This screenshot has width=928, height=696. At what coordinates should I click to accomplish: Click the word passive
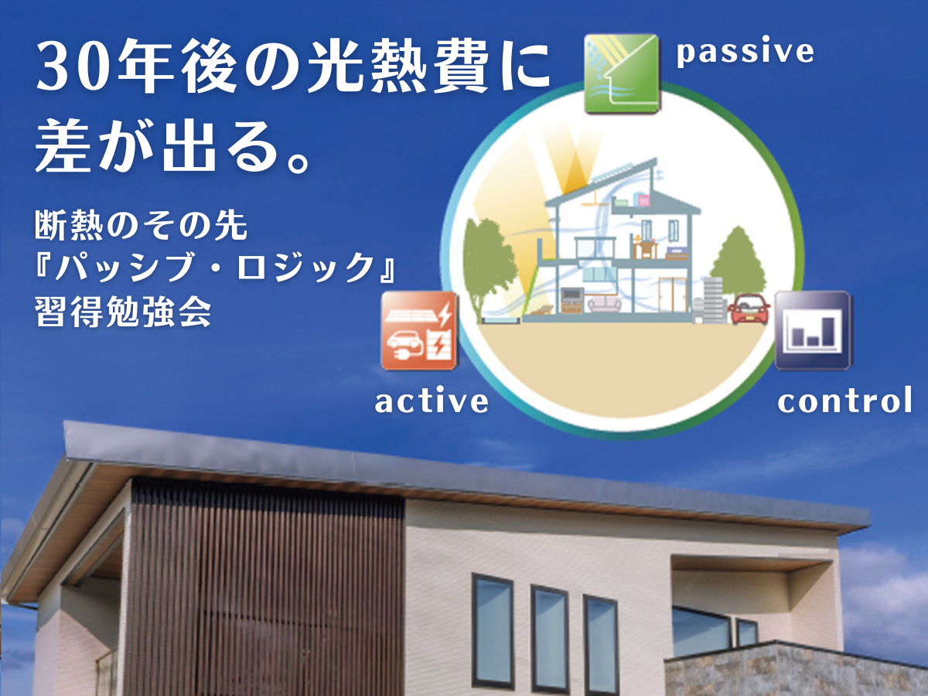click(745, 53)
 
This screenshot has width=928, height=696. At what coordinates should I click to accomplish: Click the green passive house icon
click(621, 74)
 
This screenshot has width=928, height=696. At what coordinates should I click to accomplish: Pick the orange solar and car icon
click(419, 331)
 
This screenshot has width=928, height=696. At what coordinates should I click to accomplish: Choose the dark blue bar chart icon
click(812, 331)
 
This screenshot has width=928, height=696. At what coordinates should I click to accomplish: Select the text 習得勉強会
click(123, 312)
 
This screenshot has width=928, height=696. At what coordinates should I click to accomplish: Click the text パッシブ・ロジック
click(215, 268)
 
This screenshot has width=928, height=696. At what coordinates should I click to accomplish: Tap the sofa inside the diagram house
click(605, 305)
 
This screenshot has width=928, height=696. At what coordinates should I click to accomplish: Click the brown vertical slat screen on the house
click(265, 589)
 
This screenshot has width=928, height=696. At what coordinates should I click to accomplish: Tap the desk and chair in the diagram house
click(645, 249)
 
